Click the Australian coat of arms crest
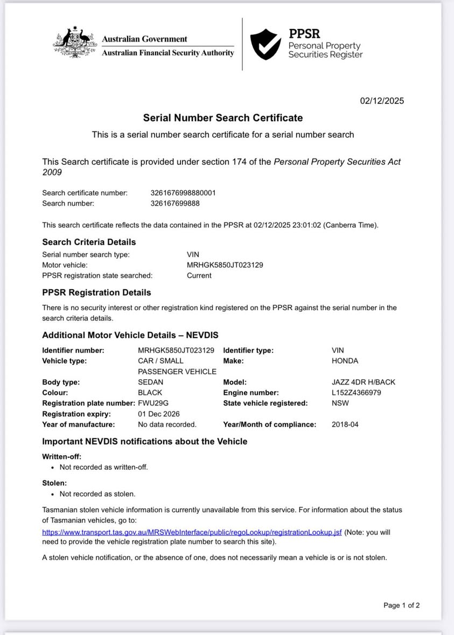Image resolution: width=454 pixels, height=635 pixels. (x=75, y=43)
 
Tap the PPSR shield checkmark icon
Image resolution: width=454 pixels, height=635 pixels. (x=266, y=44)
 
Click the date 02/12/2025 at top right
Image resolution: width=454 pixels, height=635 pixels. (x=382, y=101)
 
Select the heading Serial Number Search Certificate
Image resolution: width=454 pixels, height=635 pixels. (x=223, y=118)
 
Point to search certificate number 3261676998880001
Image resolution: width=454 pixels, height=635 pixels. (x=183, y=193)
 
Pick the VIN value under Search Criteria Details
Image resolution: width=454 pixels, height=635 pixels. (x=225, y=265)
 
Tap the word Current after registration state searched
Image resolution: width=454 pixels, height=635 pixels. (x=199, y=276)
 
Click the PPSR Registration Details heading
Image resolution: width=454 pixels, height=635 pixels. (x=96, y=292)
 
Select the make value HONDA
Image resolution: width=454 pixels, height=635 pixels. (x=345, y=361)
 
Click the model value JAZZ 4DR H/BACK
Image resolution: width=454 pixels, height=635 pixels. (x=364, y=382)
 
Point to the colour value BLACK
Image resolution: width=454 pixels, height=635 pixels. (x=150, y=393)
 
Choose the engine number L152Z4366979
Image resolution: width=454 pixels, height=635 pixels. (x=357, y=393)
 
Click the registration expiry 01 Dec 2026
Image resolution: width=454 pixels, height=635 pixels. (x=159, y=414)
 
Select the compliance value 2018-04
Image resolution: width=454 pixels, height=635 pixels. (x=345, y=424)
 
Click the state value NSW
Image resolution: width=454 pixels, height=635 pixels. (x=340, y=403)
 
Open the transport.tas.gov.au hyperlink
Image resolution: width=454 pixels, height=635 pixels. (x=192, y=532)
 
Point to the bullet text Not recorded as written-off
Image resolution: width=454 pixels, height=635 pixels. (x=103, y=467)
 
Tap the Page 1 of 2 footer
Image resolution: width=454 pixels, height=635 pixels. (x=401, y=605)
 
